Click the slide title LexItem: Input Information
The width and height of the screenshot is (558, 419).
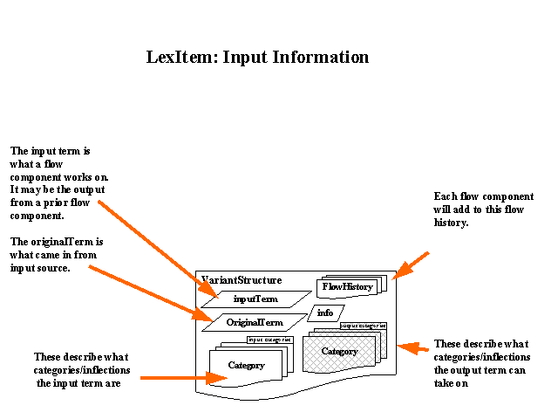point(258,58)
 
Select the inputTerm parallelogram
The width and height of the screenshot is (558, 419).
point(256,299)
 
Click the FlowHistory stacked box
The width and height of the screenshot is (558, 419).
point(346,286)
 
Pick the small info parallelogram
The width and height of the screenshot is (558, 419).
point(325,313)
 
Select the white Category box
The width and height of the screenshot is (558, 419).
point(247,365)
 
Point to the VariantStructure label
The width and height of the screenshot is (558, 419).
point(242,280)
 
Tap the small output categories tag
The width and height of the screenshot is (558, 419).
point(363,326)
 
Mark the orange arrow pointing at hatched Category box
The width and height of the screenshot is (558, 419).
point(413,348)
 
